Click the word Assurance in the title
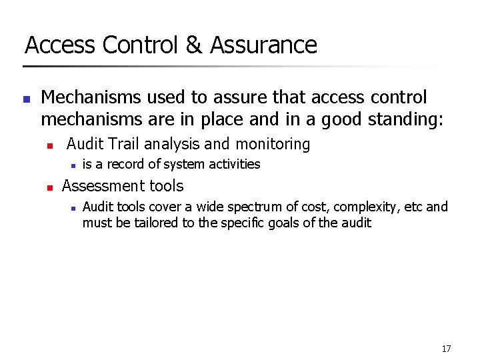point(263,45)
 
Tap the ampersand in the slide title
point(193,45)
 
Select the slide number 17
point(446,349)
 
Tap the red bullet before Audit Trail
point(49,145)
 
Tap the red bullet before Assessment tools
point(49,188)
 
